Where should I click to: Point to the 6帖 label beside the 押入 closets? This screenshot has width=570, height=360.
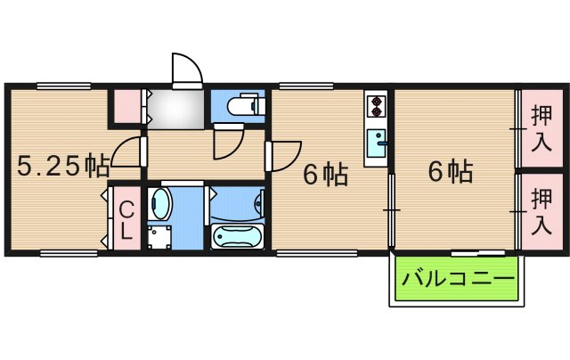[450, 171]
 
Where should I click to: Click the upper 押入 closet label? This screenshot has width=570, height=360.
[540, 127]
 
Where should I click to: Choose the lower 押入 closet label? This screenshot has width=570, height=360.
[540, 212]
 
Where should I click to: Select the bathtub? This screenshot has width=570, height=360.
[237, 237]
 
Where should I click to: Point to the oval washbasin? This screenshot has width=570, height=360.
[161, 205]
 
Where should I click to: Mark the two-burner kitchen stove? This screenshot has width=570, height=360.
[377, 106]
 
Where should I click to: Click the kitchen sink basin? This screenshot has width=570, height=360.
[378, 141]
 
